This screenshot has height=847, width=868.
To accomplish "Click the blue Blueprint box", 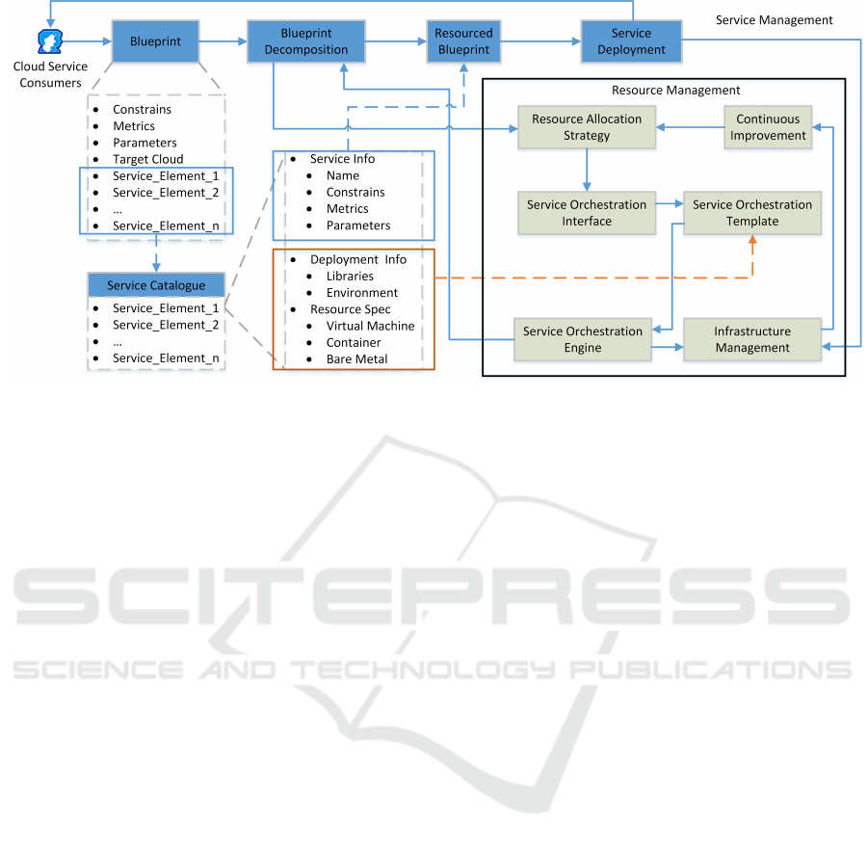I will tap(149, 41).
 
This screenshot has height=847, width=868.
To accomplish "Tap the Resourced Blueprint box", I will tap(463, 41).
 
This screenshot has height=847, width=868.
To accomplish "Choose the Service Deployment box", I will tap(631, 41).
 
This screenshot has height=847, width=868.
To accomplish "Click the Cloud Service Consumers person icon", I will tap(49, 41).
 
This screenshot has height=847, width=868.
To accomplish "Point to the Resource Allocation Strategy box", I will tap(587, 127).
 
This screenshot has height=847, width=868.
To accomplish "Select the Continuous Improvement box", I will tap(768, 127).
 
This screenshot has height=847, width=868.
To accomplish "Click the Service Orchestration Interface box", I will tap(587, 213).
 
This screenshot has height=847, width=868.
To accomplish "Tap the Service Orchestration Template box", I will tap(752, 213).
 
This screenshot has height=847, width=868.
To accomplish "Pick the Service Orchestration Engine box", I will tap(582, 339).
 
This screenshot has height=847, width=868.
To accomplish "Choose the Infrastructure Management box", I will tap(752, 339).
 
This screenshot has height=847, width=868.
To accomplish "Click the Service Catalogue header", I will tap(156, 285).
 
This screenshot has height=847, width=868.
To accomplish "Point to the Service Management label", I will tap(774, 19).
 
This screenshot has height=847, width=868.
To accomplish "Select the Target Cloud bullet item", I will tap(147, 159).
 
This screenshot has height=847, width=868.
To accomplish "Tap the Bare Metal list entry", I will tap(356, 359).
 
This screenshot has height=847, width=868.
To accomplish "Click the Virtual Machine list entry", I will tap(370, 326).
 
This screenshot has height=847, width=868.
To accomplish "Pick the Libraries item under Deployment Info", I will tap(350, 276).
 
